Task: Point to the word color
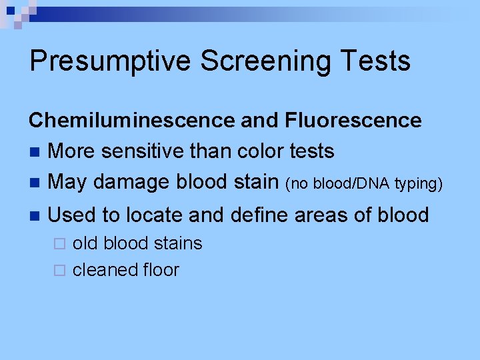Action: click(263, 151)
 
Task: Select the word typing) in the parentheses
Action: click(419, 184)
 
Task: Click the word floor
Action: click(161, 270)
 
